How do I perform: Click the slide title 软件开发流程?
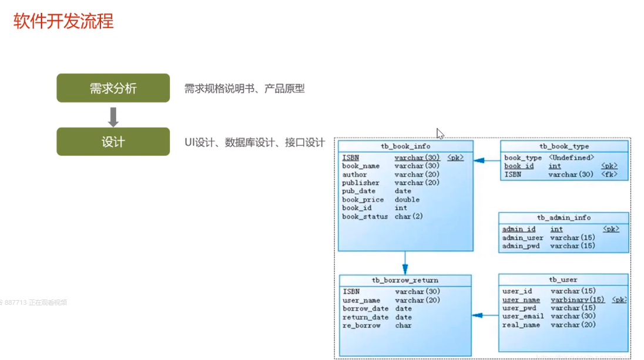click(x=63, y=21)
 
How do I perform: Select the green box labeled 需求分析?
click(x=113, y=88)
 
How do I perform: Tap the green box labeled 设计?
click(x=113, y=142)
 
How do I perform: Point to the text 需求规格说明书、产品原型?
click(x=244, y=89)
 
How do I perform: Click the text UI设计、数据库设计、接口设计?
click(x=254, y=142)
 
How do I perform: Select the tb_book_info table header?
click(x=405, y=146)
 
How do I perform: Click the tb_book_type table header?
click(x=563, y=146)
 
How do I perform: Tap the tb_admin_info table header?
click(x=563, y=218)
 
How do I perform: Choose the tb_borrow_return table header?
click(x=405, y=280)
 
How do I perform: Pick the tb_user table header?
click(x=563, y=280)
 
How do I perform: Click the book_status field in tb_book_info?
click(x=365, y=217)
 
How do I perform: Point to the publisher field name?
click(x=361, y=183)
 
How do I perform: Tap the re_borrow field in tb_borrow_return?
click(x=361, y=325)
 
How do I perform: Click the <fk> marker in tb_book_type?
click(x=609, y=174)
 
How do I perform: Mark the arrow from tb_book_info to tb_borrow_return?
click(x=405, y=263)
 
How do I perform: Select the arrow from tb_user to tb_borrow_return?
click(x=485, y=316)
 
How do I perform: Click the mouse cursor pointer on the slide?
click(x=440, y=133)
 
